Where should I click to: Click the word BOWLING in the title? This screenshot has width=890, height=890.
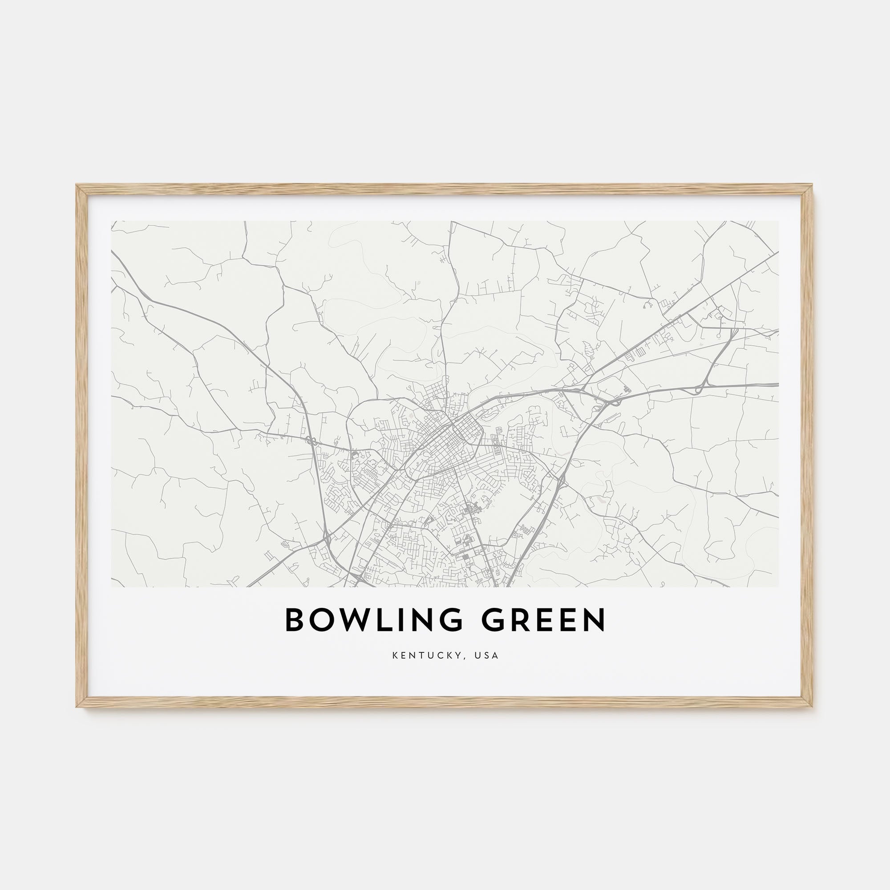(x=374, y=620)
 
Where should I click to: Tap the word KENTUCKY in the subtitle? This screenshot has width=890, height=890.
(x=424, y=655)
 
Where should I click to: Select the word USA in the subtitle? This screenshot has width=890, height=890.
(x=488, y=655)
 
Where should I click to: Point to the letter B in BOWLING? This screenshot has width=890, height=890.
(x=295, y=620)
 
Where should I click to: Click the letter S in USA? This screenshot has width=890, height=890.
(x=488, y=655)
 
